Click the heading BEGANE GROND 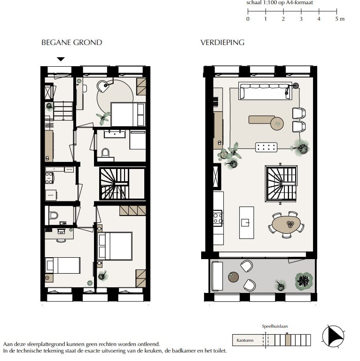71,43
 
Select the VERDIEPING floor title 222,43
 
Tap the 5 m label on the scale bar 339,19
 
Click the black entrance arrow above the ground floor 61,59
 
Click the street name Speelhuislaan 274,326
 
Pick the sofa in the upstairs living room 264,91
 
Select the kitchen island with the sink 246,223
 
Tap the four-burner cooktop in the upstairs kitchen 218,218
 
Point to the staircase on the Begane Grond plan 114,184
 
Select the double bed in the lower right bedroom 115,246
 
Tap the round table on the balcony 234,277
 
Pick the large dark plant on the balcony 304,281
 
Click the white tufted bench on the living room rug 266,147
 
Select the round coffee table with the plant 277,123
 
